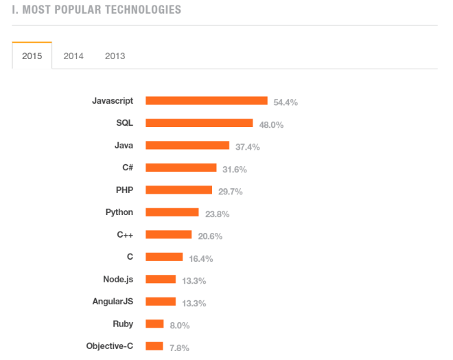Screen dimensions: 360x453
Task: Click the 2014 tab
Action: point(73,56)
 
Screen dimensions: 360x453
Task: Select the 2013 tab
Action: point(115,56)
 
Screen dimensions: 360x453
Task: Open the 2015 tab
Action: point(32,56)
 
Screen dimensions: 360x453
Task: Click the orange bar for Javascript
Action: point(207,100)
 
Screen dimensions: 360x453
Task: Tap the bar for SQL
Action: point(199,123)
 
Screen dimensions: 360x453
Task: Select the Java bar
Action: point(187,145)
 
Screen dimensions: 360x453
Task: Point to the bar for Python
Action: point(172,212)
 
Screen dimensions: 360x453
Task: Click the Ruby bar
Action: point(154,324)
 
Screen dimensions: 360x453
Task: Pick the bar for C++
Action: point(169,234)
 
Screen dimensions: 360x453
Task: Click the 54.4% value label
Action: point(286,102)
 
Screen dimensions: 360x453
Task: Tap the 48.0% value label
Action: point(271,125)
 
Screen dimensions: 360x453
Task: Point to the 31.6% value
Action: point(235,170)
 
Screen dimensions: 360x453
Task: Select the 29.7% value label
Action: point(231,192)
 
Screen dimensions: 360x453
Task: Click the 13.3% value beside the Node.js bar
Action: point(194,281)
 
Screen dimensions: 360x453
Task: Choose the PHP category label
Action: point(124,190)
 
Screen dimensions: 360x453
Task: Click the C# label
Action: point(127,168)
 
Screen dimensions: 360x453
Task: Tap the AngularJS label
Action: point(113,301)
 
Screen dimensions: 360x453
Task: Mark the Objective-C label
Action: point(110,346)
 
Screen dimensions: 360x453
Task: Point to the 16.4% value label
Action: point(201,259)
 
